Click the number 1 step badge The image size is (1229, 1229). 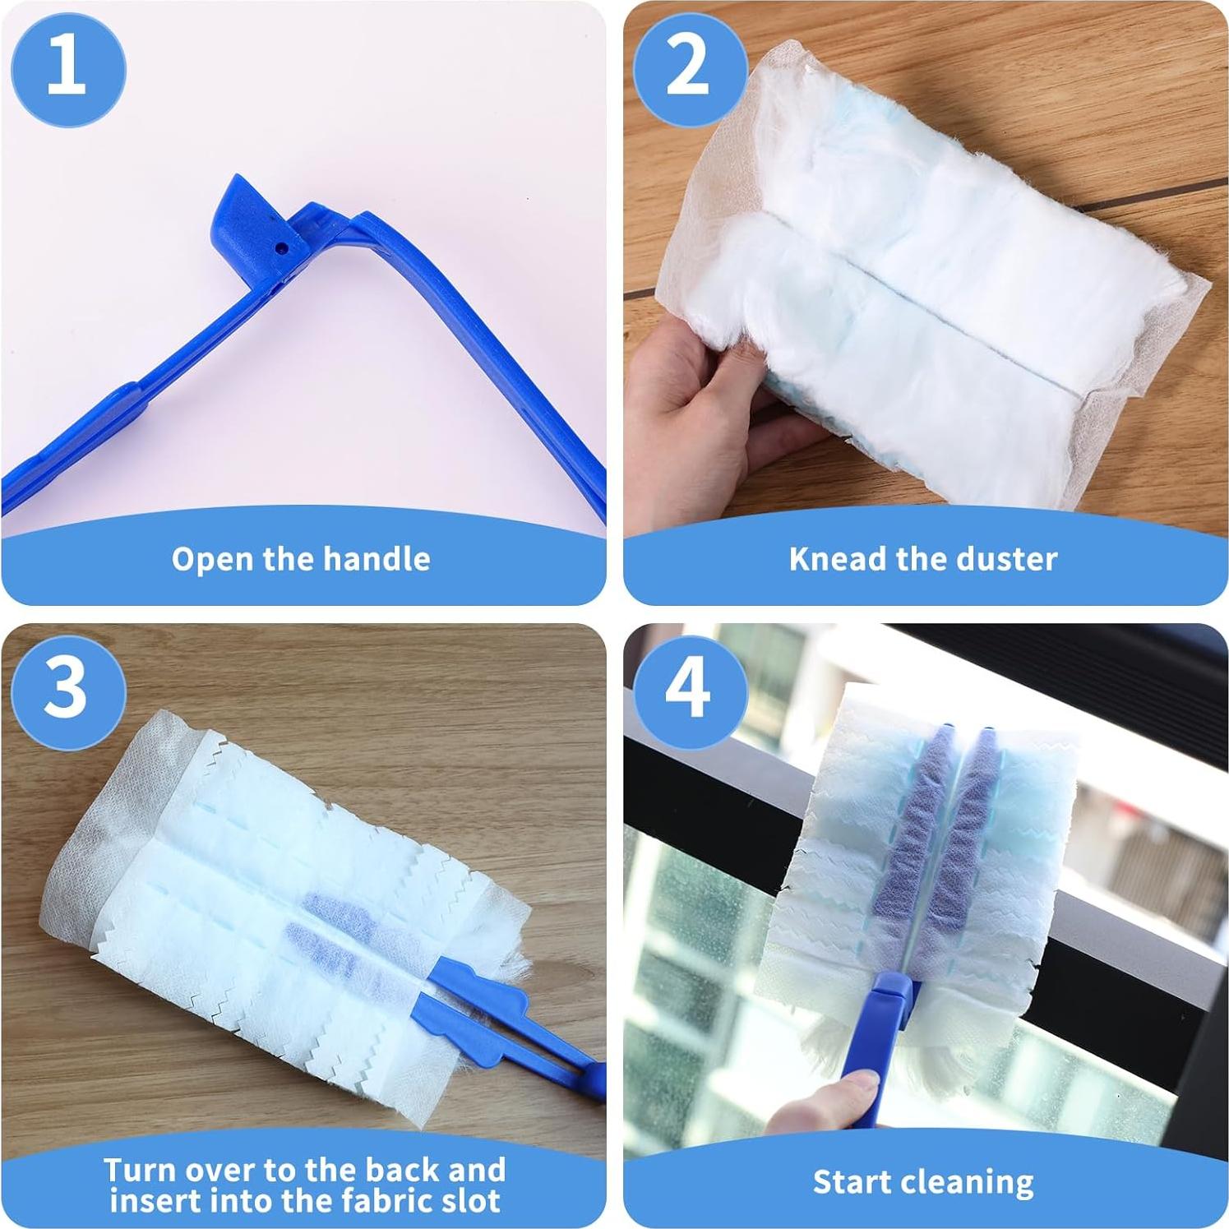point(68,68)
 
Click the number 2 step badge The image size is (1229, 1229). point(690,68)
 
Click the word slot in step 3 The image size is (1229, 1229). point(469,1201)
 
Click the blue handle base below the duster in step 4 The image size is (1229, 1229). point(888,999)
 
